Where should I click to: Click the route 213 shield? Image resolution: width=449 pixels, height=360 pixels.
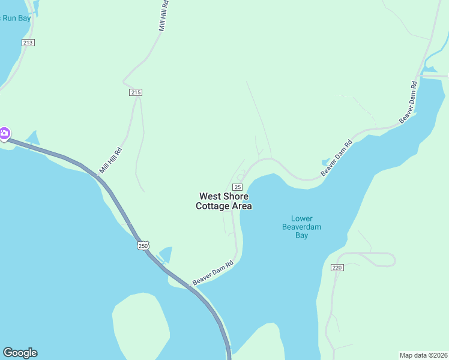point(28,42)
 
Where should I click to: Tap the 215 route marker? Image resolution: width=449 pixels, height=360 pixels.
point(135,92)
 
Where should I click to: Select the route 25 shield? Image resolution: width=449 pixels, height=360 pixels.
point(237,187)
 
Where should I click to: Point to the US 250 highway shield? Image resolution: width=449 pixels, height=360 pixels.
point(143,245)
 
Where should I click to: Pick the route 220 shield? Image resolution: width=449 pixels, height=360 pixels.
point(337,267)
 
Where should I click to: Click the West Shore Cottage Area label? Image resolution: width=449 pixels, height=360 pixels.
point(224,201)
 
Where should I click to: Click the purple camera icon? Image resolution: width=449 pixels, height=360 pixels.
point(4,134)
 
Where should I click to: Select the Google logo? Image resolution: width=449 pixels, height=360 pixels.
point(20,353)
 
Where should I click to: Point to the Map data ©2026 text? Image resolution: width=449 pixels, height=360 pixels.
point(423,355)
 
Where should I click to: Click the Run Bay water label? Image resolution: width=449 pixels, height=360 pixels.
point(16,18)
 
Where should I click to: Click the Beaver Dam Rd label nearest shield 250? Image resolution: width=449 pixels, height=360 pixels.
point(212,273)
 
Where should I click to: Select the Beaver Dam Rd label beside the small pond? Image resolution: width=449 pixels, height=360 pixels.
point(337,158)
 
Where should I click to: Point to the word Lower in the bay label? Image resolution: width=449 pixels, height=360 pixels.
point(301,218)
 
